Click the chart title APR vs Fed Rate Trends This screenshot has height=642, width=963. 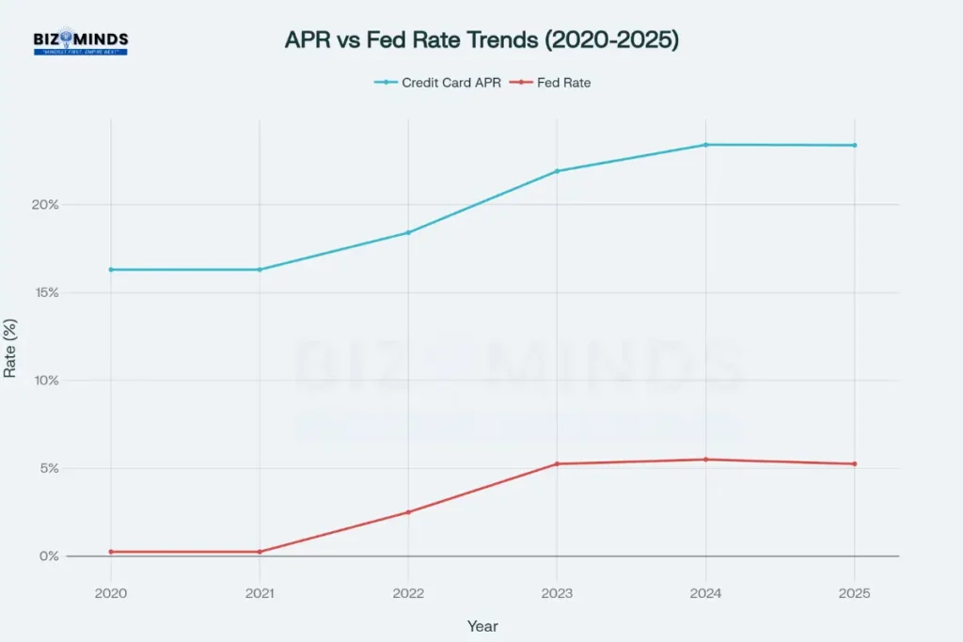click(481, 41)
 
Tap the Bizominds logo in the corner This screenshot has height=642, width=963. click(80, 42)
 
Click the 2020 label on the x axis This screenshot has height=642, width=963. click(111, 594)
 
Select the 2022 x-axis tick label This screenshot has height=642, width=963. click(408, 594)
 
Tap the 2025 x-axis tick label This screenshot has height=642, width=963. click(854, 594)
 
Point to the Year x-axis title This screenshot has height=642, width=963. click(482, 626)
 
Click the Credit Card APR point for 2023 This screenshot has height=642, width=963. click(557, 171)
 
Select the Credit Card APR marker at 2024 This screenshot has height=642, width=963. click(705, 145)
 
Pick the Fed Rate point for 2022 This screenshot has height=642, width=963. click(408, 512)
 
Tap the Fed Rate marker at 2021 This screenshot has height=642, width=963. click(260, 552)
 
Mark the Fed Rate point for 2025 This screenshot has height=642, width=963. click(854, 463)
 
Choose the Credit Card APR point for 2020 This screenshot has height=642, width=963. click(111, 270)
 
